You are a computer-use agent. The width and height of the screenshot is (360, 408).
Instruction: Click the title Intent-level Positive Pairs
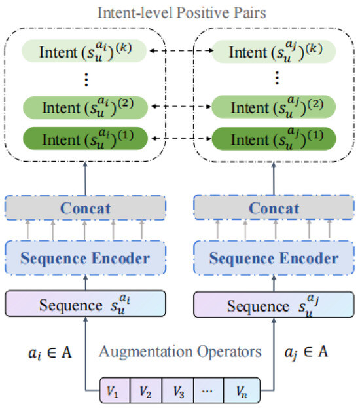[181, 12]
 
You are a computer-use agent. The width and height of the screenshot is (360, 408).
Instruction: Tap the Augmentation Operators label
[180, 352]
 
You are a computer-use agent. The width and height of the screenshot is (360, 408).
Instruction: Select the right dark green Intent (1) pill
[275, 139]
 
